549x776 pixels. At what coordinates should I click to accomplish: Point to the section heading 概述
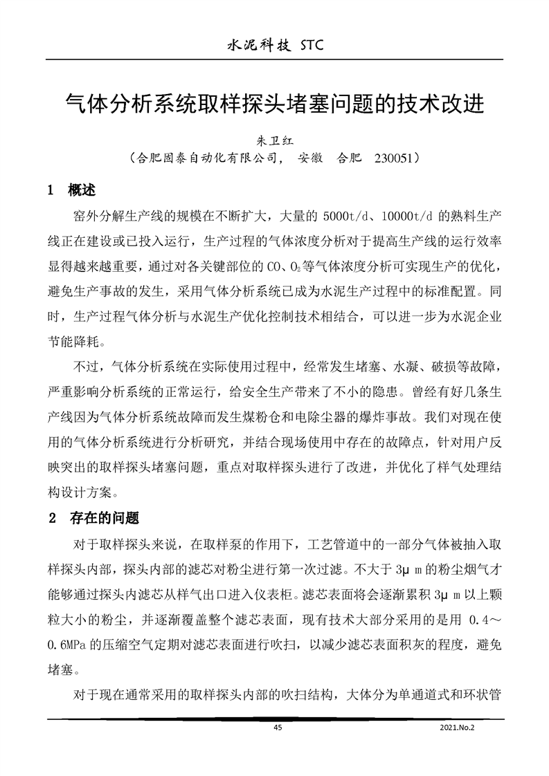click(x=82, y=190)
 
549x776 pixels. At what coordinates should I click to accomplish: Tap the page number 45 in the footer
click(x=278, y=728)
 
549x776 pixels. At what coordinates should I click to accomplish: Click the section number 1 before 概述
click(x=50, y=190)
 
